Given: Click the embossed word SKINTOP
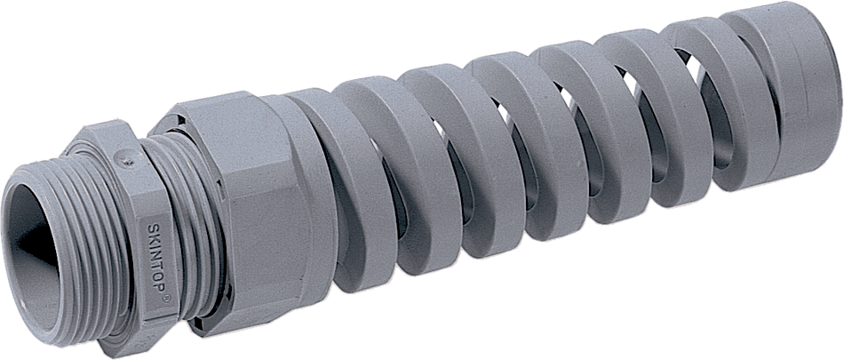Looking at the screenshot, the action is click(x=155, y=258).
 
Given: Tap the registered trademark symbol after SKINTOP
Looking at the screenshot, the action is click(x=165, y=299).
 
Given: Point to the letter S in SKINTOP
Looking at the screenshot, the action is click(x=151, y=228).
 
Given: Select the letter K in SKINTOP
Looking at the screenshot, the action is click(x=152, y=237).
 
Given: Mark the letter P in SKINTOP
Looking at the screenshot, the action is click(x=159, y=288).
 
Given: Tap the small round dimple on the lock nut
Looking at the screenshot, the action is click(x=125, y=156).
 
